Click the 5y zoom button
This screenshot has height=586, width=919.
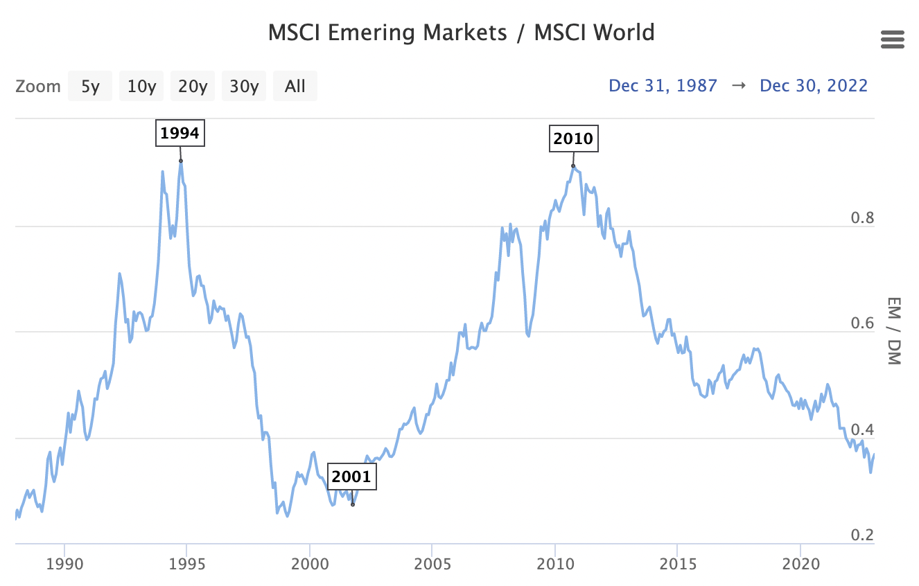(x=90, y=87)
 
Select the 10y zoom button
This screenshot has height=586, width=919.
(x=141, y=87)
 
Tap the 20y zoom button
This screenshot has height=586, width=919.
(x=193, y=87)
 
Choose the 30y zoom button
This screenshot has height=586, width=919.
(x=244, y=87)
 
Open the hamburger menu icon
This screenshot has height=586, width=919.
(x=893, y=39)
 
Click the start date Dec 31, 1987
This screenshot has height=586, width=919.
(x=663, y=86)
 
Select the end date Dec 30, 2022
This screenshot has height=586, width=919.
(x=814, y=86)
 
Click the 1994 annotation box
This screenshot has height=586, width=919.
(x=180, y=133)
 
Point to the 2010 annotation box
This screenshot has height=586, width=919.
(x=573, y=139)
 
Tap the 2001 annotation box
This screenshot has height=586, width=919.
(x=351, y=477)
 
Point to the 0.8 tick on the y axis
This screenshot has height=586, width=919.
(x=863, y=218)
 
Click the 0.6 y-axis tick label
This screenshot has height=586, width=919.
(x=863, y=323)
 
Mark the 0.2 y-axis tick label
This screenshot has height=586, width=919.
(x=863, y=535)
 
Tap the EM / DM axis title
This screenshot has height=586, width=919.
(x=893, y=331)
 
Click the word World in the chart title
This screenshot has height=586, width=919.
(x=618, y=33)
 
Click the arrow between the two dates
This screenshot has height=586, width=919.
(x=739, y=86)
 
